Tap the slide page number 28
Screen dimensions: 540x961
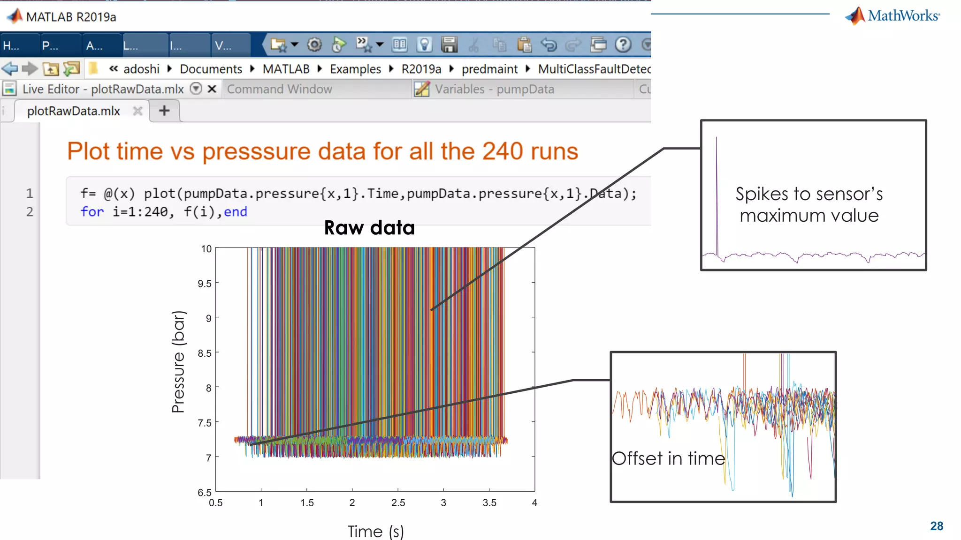(x=937, y=526)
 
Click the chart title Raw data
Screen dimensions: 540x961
(x=369, y=228)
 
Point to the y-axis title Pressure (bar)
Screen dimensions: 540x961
(x=179, y=361)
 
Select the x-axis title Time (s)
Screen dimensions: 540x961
(x=375, y=532)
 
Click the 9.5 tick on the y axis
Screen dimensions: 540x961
(x=205, y=284)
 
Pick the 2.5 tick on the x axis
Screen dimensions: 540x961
(x=398, y=503)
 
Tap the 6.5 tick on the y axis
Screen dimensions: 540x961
(x=205, y=492)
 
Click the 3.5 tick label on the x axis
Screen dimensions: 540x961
(x=489, y=503)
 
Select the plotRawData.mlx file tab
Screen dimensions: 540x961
(x=74, y=111)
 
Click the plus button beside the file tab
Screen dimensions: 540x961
(x=164, y=111)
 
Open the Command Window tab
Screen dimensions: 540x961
(x=279, y=89)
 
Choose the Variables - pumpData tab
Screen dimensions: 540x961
(x=494, y=89)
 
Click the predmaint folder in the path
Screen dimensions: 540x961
(x=489, y=69)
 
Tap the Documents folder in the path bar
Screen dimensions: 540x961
(x=211, y=69)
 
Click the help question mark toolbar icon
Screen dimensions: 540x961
(x=623, y=45)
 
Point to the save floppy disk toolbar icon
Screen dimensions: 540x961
(x=449, y=45)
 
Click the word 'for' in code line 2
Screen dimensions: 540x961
(x=92, y=212)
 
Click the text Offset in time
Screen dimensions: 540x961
(x=668, y=458)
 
